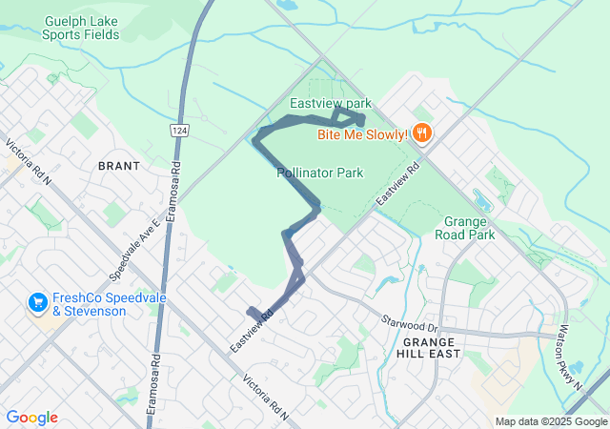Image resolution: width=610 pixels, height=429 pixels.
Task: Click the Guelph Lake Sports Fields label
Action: pyautogui.click(x=81, y=28)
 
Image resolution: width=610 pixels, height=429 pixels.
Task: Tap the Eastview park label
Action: pyautogui.click(x=331, y=102)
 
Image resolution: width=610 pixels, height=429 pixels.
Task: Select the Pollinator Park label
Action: pyautogui.click(x=320, y=174)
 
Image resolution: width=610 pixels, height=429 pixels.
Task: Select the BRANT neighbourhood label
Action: pyautogui.click(x=119, y=166)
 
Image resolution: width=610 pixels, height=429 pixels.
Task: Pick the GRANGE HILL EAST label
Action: pyautogui.click(x=431, y=347)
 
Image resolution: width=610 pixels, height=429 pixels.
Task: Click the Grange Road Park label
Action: pyautogui.click(x=464, y=227)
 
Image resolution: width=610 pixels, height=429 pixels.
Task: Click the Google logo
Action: pyautogui.click(x=31, y=418)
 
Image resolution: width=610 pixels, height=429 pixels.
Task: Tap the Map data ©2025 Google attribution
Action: pyautogui.click(x=550, y=421)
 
